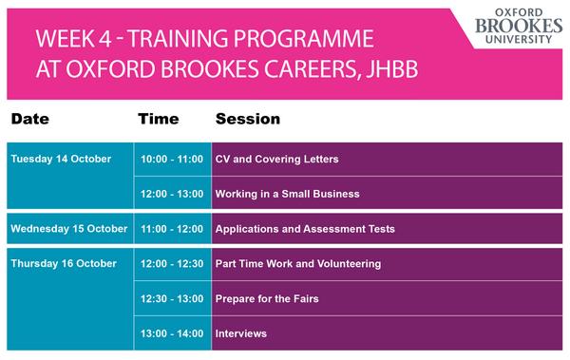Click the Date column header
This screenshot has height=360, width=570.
(30, 120)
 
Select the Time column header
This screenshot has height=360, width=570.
(158, 120)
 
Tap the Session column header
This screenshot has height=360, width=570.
(247, 120)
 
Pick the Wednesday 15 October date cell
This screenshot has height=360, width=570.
(69, 229)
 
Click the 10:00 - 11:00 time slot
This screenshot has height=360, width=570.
(172, 159)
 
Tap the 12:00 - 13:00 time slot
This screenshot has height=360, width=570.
(172, 194)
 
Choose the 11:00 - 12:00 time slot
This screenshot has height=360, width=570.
(172, 229)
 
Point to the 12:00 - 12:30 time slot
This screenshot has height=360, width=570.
(172, 263)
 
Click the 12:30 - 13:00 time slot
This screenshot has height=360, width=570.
(172, 298)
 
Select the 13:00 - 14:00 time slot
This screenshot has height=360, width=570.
(172, 333)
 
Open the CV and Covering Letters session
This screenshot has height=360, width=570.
(276, 159)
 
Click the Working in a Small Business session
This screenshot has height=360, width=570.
(287, 194)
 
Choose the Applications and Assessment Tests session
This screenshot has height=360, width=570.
(305, 229)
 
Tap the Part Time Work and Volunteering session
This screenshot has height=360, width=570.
(298, 263)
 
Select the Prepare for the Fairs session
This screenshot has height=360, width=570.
(267, 298)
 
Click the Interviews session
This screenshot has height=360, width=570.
(241, 333)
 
